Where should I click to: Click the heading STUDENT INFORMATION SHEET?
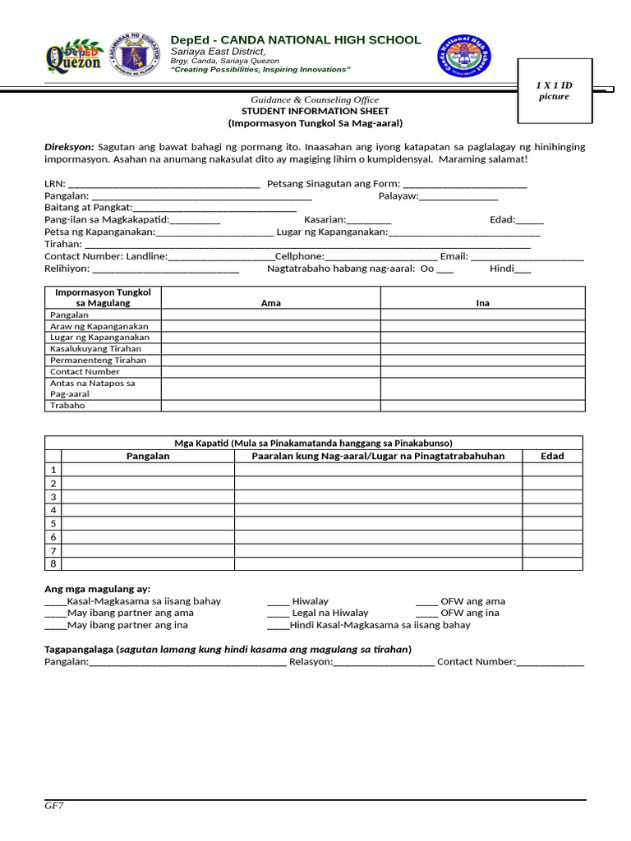tap(315, 111)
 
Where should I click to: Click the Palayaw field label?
tap(398, 195)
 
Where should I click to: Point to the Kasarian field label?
tap(325, 219)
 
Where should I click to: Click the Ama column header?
tap(270, 303)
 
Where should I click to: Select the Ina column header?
tap(482, 303)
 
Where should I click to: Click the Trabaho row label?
tap(67, 405)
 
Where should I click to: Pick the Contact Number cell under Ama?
tap(270, 371)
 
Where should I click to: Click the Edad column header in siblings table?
tap(552, 456)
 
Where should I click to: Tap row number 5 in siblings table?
tap(53, 523)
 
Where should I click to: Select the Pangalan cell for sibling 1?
tap(148, 469)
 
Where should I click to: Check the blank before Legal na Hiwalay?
tap(278, 614)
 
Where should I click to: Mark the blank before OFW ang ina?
tap(426, 614)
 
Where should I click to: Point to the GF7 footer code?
tap(53, 806)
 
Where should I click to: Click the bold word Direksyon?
tap(69, 147)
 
